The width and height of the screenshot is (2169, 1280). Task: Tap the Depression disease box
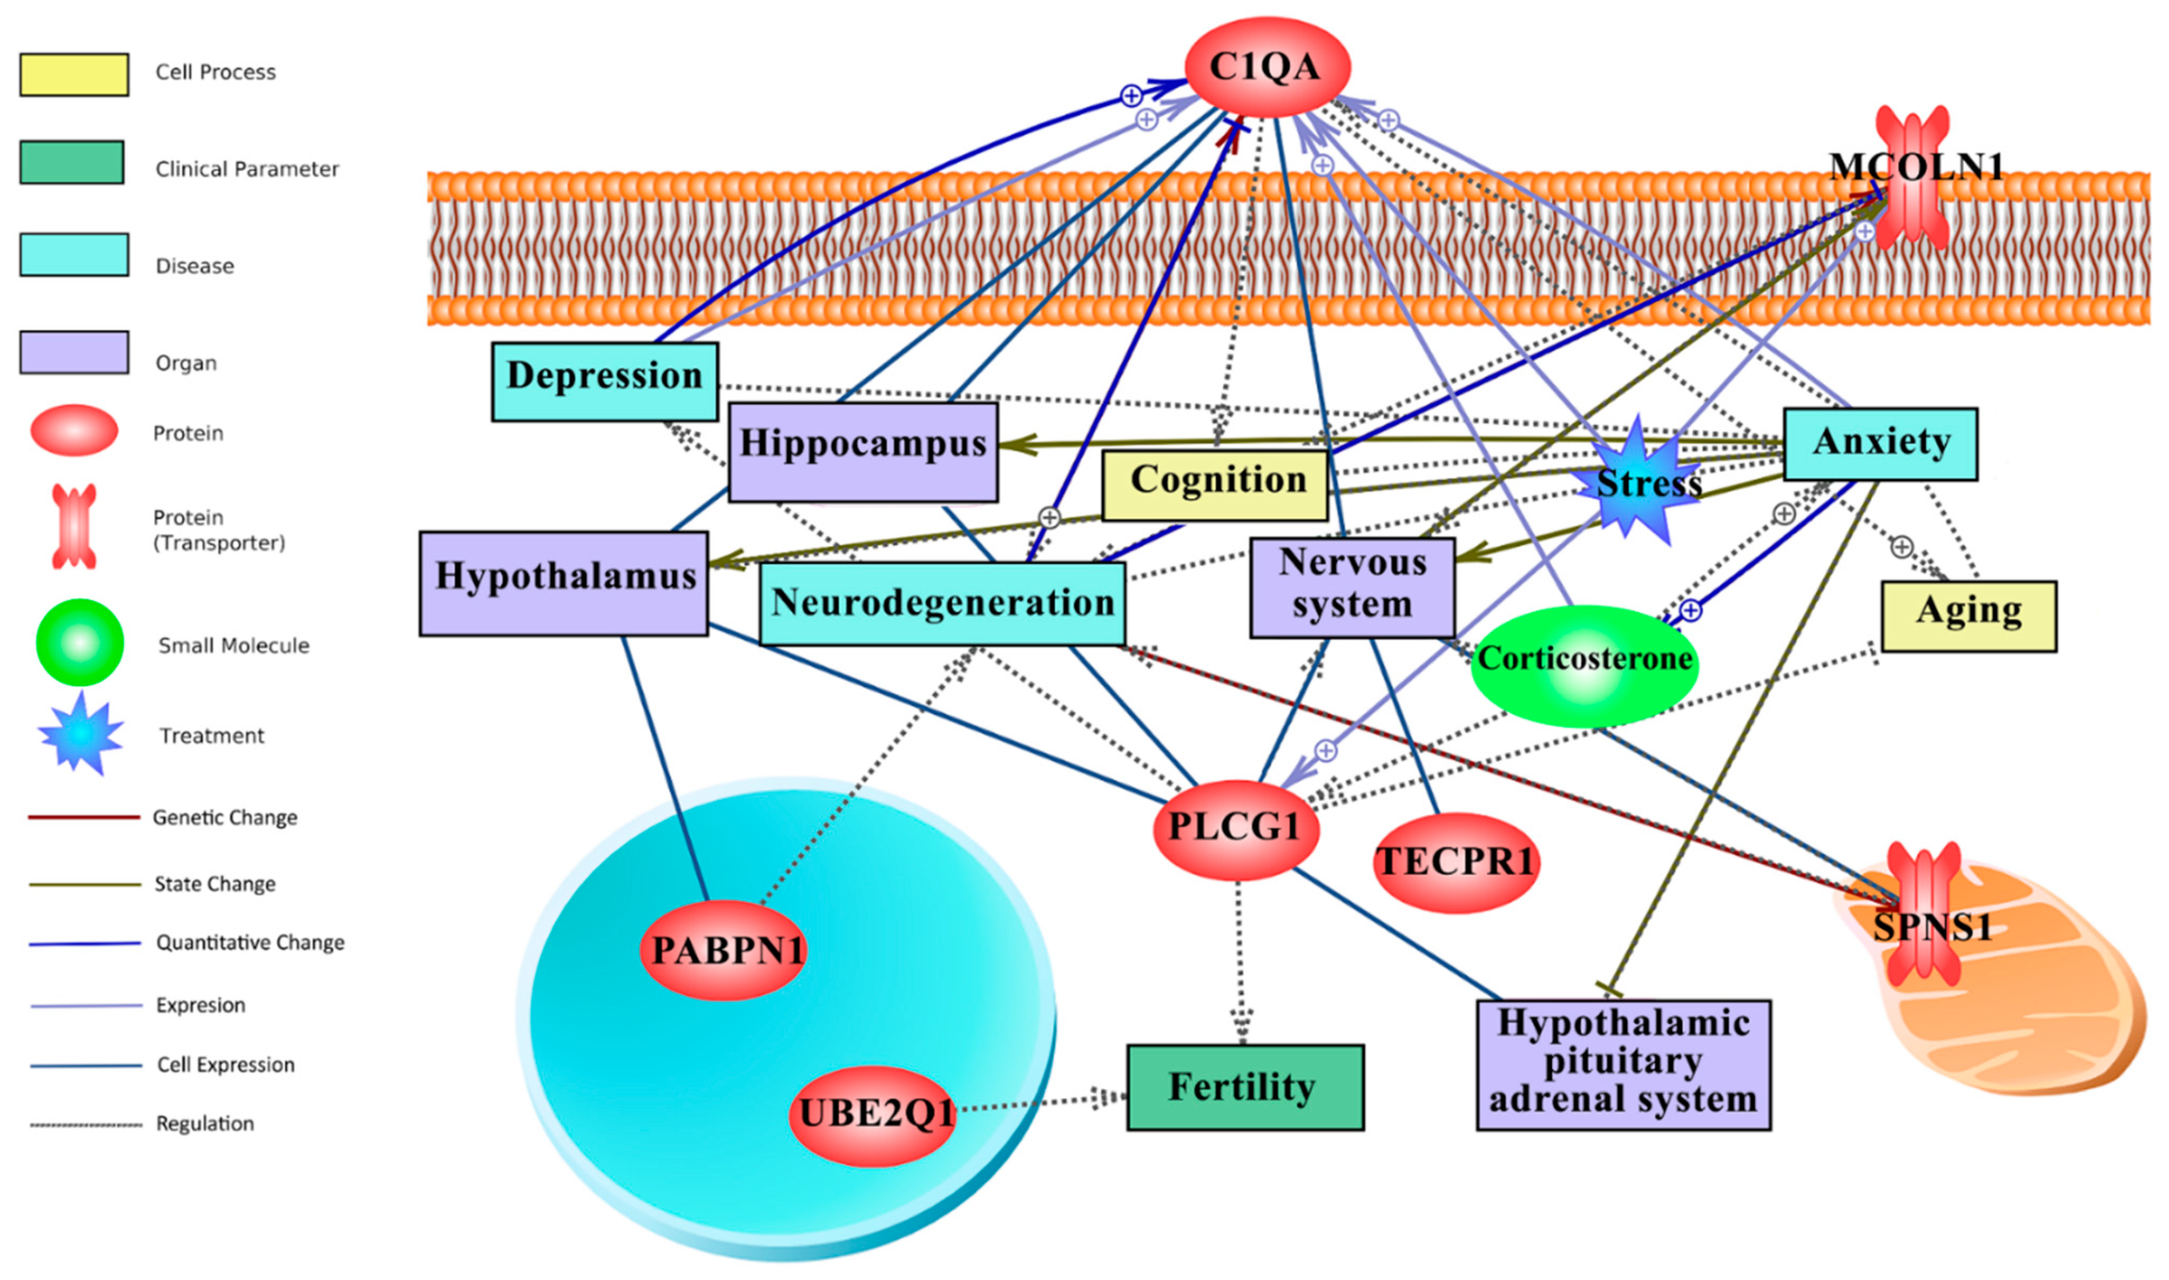click(x=605, y=381)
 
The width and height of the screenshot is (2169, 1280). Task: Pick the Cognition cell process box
click(x=1214, y=485)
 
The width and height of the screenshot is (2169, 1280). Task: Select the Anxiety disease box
click(x=1880, y=443)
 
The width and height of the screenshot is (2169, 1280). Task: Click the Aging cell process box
click(x=1969, y=616)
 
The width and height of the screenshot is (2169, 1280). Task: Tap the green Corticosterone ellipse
click(x=1585, y=665)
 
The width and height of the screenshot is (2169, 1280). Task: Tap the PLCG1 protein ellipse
click(x=1235, y=829)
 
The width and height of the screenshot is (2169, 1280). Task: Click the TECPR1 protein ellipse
click(x=1455, y=862)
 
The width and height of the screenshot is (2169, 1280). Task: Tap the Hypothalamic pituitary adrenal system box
click(x=1623, y=1064)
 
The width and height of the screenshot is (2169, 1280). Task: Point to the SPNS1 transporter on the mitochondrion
click(x=1924, y=927)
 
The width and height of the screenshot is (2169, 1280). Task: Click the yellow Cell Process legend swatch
click(x=74, y=74)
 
